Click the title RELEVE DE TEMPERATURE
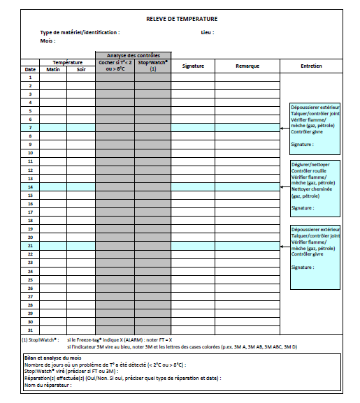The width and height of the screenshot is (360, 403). (x=182, y=19)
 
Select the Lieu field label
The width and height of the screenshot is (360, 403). (x=207, y=32)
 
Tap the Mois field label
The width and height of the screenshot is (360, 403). (x=48, y=41)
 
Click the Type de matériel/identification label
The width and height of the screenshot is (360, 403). (x=80, y=32)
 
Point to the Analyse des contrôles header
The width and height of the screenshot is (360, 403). (x=133, y=55)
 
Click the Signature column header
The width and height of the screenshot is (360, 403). (x=192, y=66)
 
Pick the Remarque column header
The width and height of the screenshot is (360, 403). (x=247, y=66)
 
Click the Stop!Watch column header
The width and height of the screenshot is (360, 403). (x=152, y=66)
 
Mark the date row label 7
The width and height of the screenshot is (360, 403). (x=30, y=128)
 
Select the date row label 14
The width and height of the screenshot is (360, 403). (x=30, y=187)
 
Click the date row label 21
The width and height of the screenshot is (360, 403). (x=30, y=246)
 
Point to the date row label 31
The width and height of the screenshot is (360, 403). (x=30, y=330)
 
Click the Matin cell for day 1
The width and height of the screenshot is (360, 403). (x=53, y=78)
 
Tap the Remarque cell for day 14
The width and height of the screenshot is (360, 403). (x=247, y=187)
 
